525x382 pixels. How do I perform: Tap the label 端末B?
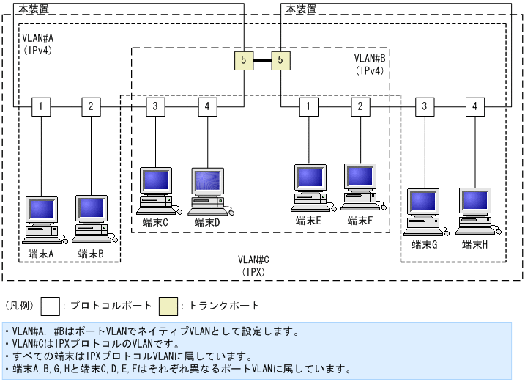click(x=92, y=254)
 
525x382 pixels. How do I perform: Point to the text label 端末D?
click(x=207, y=222)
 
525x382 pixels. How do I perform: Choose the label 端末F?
click(x=360, y=220)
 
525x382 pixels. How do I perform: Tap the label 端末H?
click(x=475, y=245)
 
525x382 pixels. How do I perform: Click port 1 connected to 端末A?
click(x=42, y=106)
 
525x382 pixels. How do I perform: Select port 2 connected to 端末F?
click(x=360, y=106)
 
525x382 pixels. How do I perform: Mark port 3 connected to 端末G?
click(x=424, y=106)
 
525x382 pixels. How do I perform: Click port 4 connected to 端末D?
click(x=207, y=106)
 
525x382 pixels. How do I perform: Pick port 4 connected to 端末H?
click(x=475, y=106)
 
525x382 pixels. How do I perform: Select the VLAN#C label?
click(x=254, y=260)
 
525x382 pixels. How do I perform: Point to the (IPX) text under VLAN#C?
click(x=254, y=271)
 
